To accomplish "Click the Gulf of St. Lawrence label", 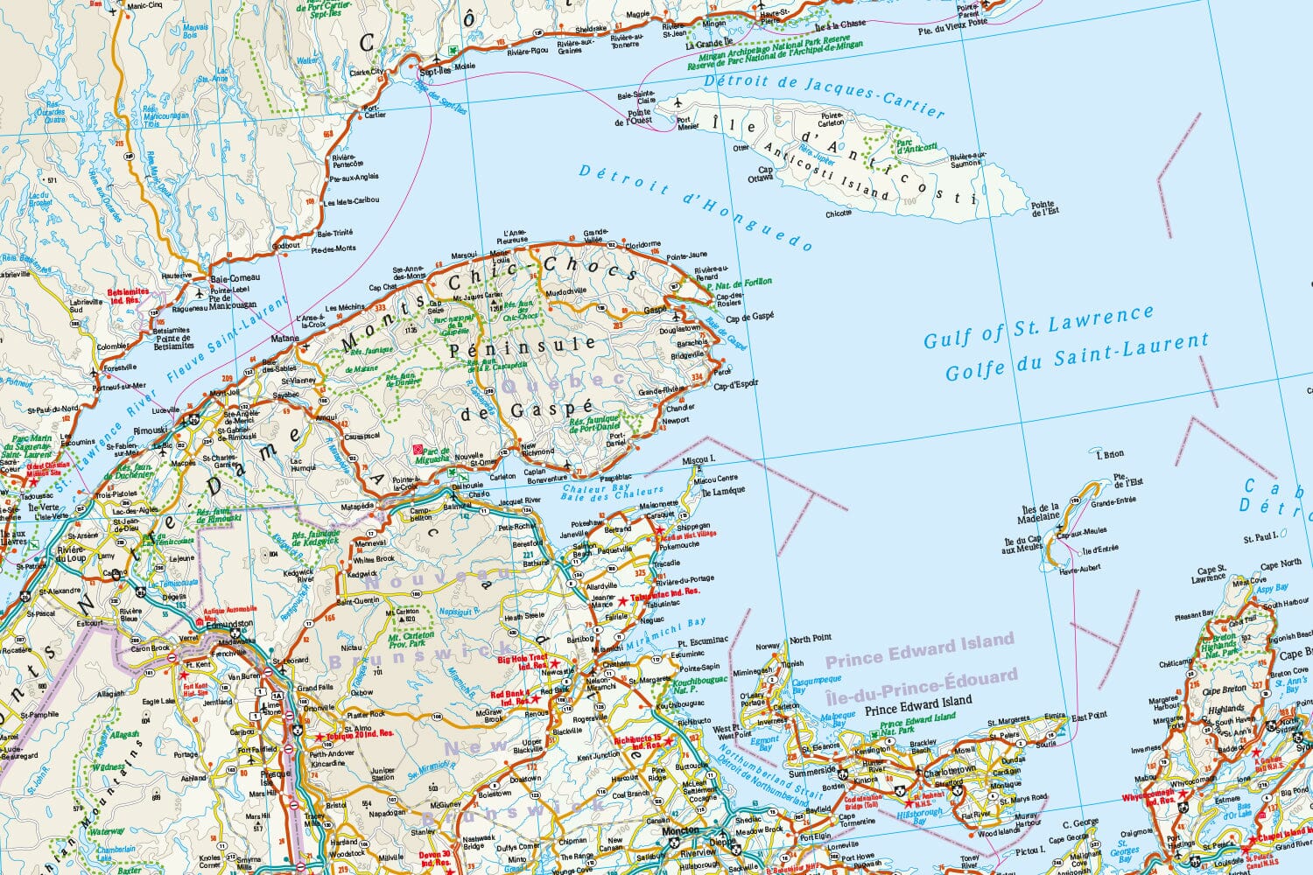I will (x=1039, y=326).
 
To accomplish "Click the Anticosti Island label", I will (x=827, y=176).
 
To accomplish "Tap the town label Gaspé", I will (x=655, y=311).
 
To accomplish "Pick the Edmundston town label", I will (x=228, y=625).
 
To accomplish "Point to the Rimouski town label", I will (x=150, y=430).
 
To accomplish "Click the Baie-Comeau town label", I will (x=231, y=278).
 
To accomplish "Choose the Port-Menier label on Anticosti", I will (x=688, y=122).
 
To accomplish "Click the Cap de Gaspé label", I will (x=749, y=317).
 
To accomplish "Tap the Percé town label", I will (x=723, y=372).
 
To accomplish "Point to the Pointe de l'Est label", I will (x=1044, y=207).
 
